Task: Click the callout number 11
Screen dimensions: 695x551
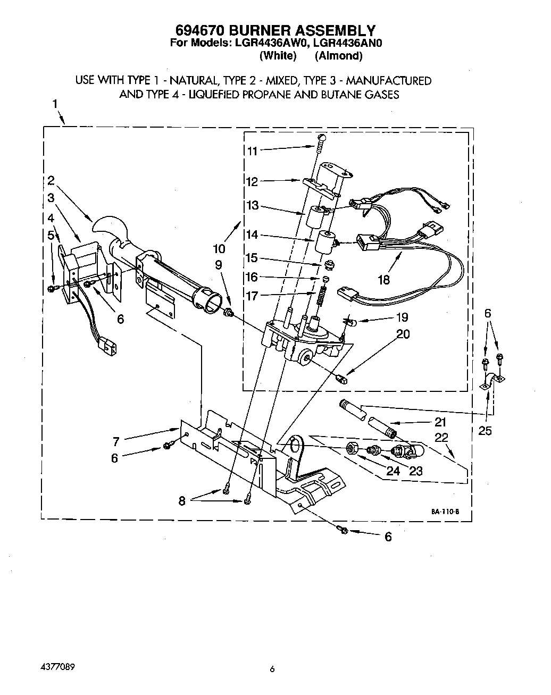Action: [x=252, y=151]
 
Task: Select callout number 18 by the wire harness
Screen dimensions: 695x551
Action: [x=383, y=280]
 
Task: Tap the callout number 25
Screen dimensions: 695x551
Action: [x=485, y=431]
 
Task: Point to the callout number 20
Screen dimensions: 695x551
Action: [x=403, y=334]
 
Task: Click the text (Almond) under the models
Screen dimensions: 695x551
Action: [x=338, y=55]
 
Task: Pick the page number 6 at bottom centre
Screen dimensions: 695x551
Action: [x=271, y=669]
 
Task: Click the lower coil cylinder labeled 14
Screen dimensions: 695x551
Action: [x=324, y=242]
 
